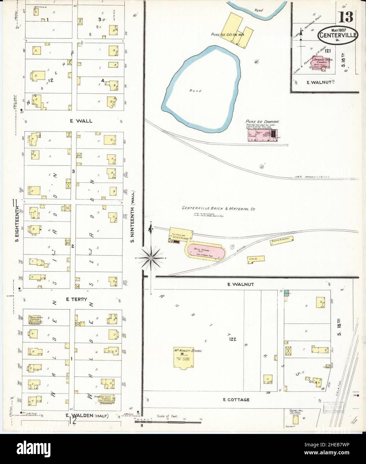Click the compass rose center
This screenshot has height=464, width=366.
click(x=151, y=258)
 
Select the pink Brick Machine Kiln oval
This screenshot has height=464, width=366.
click(x=205, y=251)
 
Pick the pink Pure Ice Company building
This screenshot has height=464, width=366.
click(x=262, y=135)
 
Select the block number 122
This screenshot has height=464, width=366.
click(x=233, y=339)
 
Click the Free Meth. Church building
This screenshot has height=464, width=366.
click(x=35, y=320)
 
